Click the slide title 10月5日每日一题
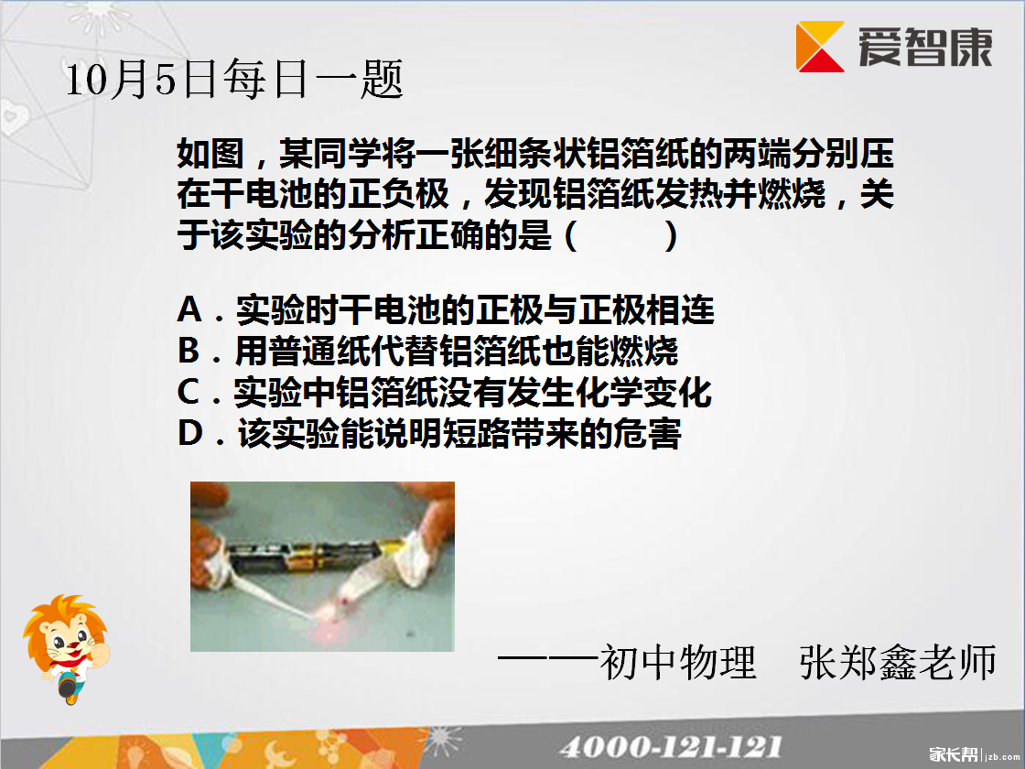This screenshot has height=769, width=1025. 234,80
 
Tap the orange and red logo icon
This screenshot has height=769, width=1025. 820,47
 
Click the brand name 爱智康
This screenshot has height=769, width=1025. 925,47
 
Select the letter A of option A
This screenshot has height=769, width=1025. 189,309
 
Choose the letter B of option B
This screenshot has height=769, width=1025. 189,351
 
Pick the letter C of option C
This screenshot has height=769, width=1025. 189,392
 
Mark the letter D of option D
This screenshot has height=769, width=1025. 189,433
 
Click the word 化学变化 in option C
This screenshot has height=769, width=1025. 643,393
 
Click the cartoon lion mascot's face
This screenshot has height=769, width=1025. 64,637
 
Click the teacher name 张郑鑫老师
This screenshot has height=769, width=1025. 898,662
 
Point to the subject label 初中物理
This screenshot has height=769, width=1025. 678,662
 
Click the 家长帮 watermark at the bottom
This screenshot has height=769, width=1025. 954,754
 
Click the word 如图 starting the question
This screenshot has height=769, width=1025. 210,155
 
